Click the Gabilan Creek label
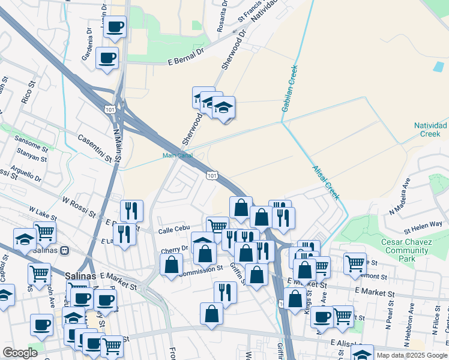pyautogui.click(x=290, y=87)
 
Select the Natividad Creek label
pyautogui.click(x=430, y=130)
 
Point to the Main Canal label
pyautogui.click(x=177, y=155)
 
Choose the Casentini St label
pyautogui.click(x=95, y=148)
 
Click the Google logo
pyautogui.click(x=20, y=353)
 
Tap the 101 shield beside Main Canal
pyautogui.click(x=211, y=175)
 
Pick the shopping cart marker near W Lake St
pyautogui.click(x=44, y=231)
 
